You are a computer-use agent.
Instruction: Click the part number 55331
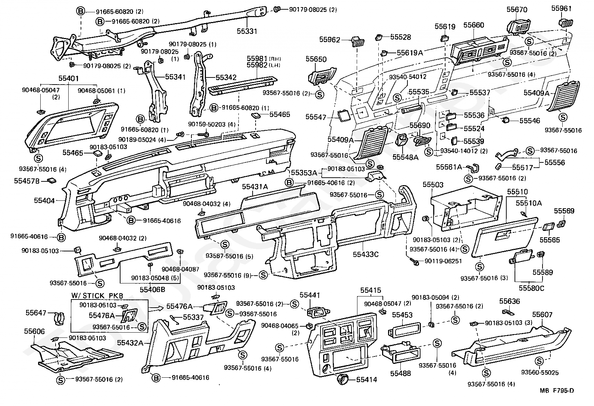[247, 31]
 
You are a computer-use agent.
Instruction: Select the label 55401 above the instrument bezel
[69, 78]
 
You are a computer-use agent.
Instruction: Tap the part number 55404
[44, 201]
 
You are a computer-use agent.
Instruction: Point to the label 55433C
[365, 254]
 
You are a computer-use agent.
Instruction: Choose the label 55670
[517, 10]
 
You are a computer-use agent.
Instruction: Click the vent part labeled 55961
[566, 22]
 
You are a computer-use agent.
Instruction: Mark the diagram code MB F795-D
[557, 390]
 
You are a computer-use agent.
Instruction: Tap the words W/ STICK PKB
[97, 296]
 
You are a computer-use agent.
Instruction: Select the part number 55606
[34, 332]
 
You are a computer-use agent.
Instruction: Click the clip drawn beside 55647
[59, 318]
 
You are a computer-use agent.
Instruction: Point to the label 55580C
[531, 288]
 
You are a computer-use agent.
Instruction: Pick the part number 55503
[433, 184]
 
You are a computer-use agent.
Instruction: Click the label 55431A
[255, 187]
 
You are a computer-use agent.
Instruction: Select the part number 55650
[316, 59]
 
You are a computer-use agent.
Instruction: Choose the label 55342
[226, 77]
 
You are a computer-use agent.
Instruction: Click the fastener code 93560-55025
[540, 372]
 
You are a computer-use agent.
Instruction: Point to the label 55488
[400, 373]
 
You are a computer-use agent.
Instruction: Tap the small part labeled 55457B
[51, 181]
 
